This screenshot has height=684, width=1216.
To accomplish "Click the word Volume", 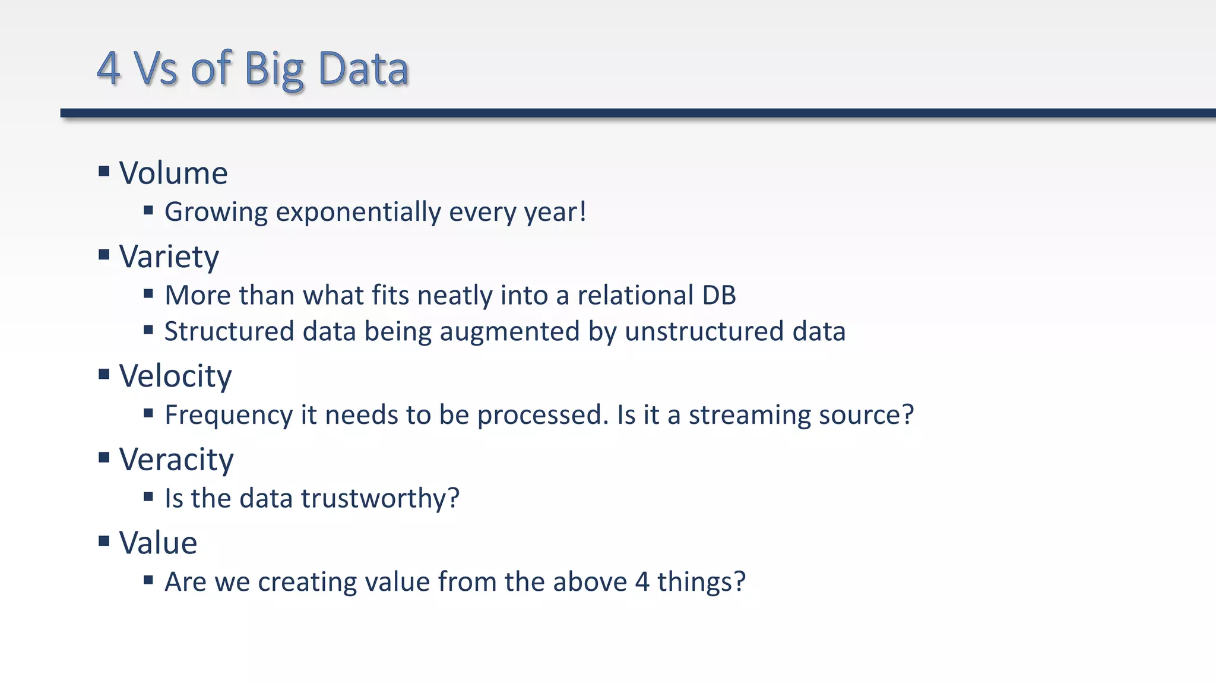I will [x=173, y=173].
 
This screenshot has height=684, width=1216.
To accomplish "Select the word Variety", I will [x=169, y=257].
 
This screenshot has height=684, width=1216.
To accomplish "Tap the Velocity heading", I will [x=175, y=376].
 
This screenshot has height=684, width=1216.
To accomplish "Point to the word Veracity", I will [x=176, y=460].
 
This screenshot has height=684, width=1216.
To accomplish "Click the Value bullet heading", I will [x=158, y=543].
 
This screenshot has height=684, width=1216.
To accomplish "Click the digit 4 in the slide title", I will [x=109, y=69].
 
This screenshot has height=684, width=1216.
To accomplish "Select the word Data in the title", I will [x=363, y=69].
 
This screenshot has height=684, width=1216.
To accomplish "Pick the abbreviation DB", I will [x=719, y=296].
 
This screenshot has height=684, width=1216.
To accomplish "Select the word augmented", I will [x=509, y=332].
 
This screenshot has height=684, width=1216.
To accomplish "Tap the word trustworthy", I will [x=380, y=499].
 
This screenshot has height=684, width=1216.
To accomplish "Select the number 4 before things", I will [x=642, y=582].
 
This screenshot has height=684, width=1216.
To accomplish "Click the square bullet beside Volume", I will [x=104, y=172].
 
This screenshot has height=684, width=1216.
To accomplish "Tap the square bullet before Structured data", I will [x=148, y=330].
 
